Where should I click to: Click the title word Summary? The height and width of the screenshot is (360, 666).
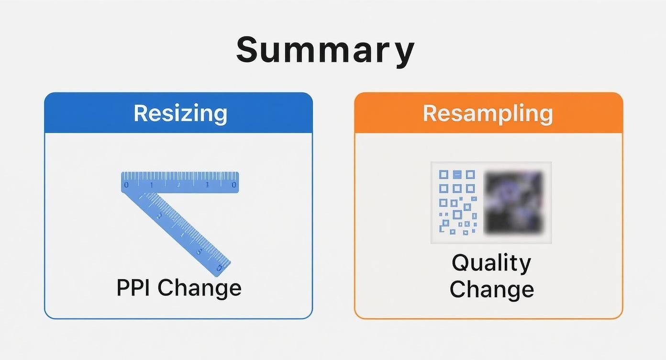(x=325, y=50)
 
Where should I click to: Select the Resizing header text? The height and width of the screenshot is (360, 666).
(x=180, y=113)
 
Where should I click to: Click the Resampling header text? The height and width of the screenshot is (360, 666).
(x=488, y=113)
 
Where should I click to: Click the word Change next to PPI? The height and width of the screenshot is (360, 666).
(x=200, y=288)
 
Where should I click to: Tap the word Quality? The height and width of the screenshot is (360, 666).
(x=491, y=263)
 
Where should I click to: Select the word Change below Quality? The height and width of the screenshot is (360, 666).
(x=491, y=289)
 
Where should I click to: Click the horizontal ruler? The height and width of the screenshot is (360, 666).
(x=180, y=182)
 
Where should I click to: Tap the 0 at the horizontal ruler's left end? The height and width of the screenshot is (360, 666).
(x=126, y=185)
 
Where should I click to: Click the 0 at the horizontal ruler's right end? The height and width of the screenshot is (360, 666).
(x=234, y=185)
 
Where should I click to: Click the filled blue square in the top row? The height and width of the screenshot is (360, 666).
(x=457, y=175)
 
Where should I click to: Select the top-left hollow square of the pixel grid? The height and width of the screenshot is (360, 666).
(x=444, y=175)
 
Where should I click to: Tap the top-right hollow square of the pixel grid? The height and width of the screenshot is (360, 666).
(x=470, y=175)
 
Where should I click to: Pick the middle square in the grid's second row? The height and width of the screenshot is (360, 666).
(x=457, y=189)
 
